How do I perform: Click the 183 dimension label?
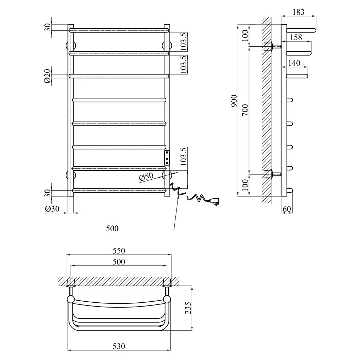[298, 12]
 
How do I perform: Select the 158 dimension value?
[296, 37]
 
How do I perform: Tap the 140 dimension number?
[294, 63]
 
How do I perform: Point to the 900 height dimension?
[234, 101]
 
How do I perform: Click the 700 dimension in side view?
[245, 110]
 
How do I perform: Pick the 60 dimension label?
[287, 209]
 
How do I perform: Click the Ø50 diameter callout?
[146, 177]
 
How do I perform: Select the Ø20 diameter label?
[47, 76]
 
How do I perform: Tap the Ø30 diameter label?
[52, 209]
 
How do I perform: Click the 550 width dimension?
[119, 250]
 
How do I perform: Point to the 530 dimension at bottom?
[119, 346]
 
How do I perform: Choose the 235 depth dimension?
[188, 308]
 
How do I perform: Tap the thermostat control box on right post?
[167, 158]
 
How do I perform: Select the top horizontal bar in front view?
[119, 30]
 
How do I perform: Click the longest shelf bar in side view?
[301, 30]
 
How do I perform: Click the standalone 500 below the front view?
[112, 228]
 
